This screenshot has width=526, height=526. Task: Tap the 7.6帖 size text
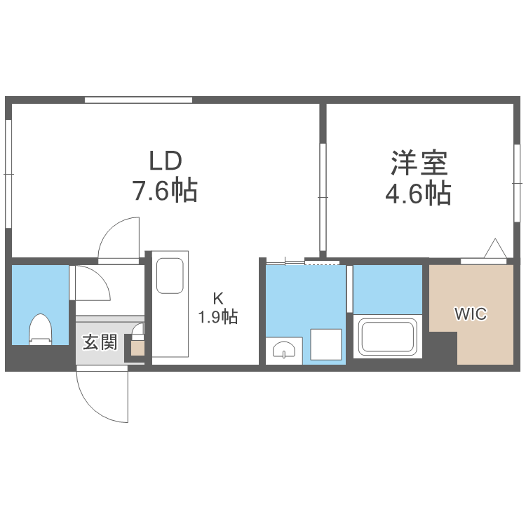166,191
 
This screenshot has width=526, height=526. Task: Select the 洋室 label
419,163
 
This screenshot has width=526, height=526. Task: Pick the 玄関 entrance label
99,343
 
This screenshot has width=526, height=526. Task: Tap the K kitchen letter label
217,298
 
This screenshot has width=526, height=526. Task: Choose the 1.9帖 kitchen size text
217,318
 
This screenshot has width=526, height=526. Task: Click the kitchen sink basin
170,276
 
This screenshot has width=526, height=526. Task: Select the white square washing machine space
326,343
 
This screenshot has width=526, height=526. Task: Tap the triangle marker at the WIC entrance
495,249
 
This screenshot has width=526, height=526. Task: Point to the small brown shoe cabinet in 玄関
137,347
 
